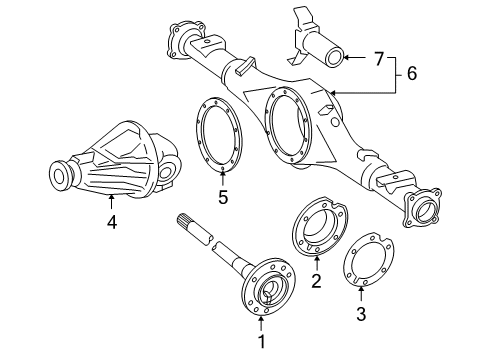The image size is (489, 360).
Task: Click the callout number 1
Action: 261,342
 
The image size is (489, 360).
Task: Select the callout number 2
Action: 317,282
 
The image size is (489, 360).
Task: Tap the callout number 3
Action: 362,316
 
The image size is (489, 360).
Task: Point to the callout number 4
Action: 112,223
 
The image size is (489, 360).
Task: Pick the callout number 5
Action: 222,198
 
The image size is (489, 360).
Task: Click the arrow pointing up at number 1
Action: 261,325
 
